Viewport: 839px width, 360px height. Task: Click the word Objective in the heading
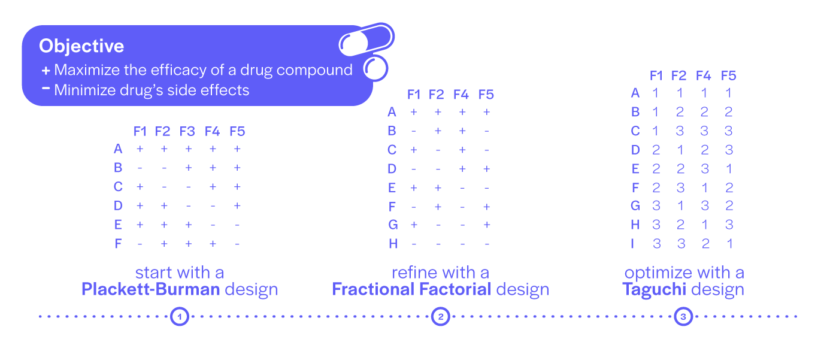[81, 46]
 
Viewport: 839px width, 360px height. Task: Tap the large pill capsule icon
[366, 40]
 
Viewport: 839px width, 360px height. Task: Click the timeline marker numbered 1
[180, 316]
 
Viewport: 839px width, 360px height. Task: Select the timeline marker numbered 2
[441, 316]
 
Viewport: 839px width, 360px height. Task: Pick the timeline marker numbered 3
[683, 316]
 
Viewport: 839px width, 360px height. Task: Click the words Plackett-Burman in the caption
[150, 290]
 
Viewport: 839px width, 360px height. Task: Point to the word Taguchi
[651, 290]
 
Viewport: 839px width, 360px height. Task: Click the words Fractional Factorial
[411, 290]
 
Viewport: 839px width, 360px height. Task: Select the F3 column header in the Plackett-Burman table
[187, 131]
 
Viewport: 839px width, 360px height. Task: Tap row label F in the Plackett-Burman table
[118, 244]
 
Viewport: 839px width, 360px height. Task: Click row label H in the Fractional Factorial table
[392, 244]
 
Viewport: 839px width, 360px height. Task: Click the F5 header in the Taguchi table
[729, 75]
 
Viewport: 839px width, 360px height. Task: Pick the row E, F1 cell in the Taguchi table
[656, 168]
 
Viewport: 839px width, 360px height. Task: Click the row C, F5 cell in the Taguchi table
[729, 131]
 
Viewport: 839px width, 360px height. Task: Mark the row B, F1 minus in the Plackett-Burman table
[140, 168]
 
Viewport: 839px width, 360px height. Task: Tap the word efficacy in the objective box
[172, 70]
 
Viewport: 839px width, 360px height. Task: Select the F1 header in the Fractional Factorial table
[414, 94]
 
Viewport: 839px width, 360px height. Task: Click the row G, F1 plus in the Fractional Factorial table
[414, 225]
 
